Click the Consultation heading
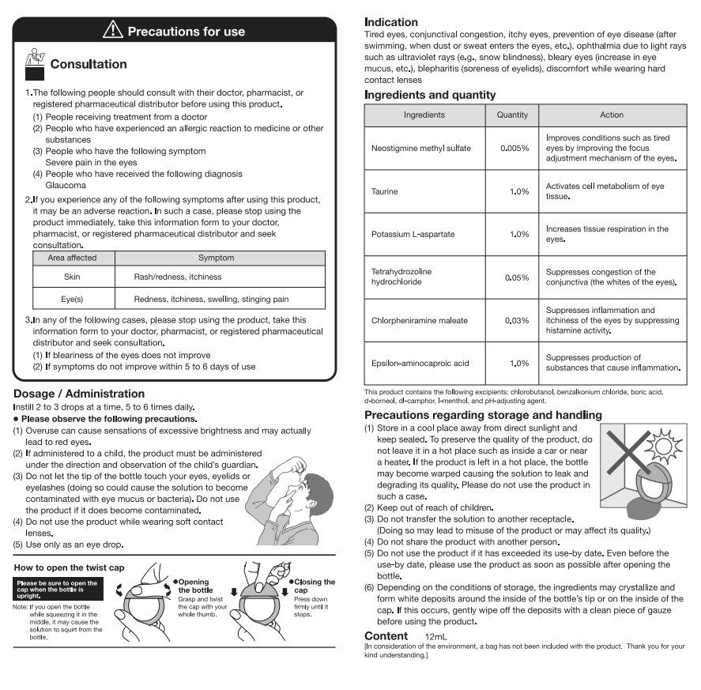tap(88, 64)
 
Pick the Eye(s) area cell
tap(72, 299)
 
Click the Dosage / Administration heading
tap(79, 394)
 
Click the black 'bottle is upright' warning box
tap(56, 586)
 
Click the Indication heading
tap(391, 22)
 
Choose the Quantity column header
tap(512, 115)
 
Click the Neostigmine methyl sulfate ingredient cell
tap(421, 148)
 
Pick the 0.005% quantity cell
tap(514, 149)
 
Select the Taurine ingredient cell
tap(385, 191)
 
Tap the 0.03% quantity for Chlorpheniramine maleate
tap(517, 320)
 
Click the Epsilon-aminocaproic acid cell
tap(420, 363)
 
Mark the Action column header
tap(612, 115)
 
